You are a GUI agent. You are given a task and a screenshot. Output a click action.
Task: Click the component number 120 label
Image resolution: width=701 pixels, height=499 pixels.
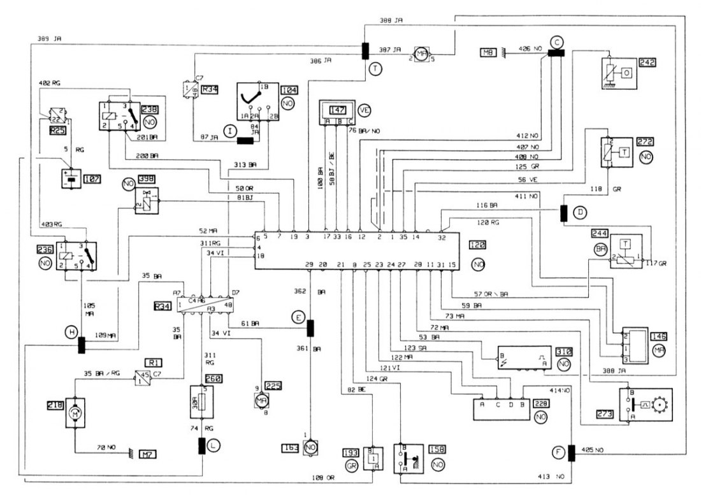pyautogui.click(x=476, y=245)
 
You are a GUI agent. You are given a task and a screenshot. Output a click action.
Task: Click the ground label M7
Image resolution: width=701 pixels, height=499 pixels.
pyautogui.click(x=148, y=454)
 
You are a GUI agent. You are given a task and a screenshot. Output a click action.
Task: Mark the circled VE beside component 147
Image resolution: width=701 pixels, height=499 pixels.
pyautogui.click(x=364, y=108)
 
